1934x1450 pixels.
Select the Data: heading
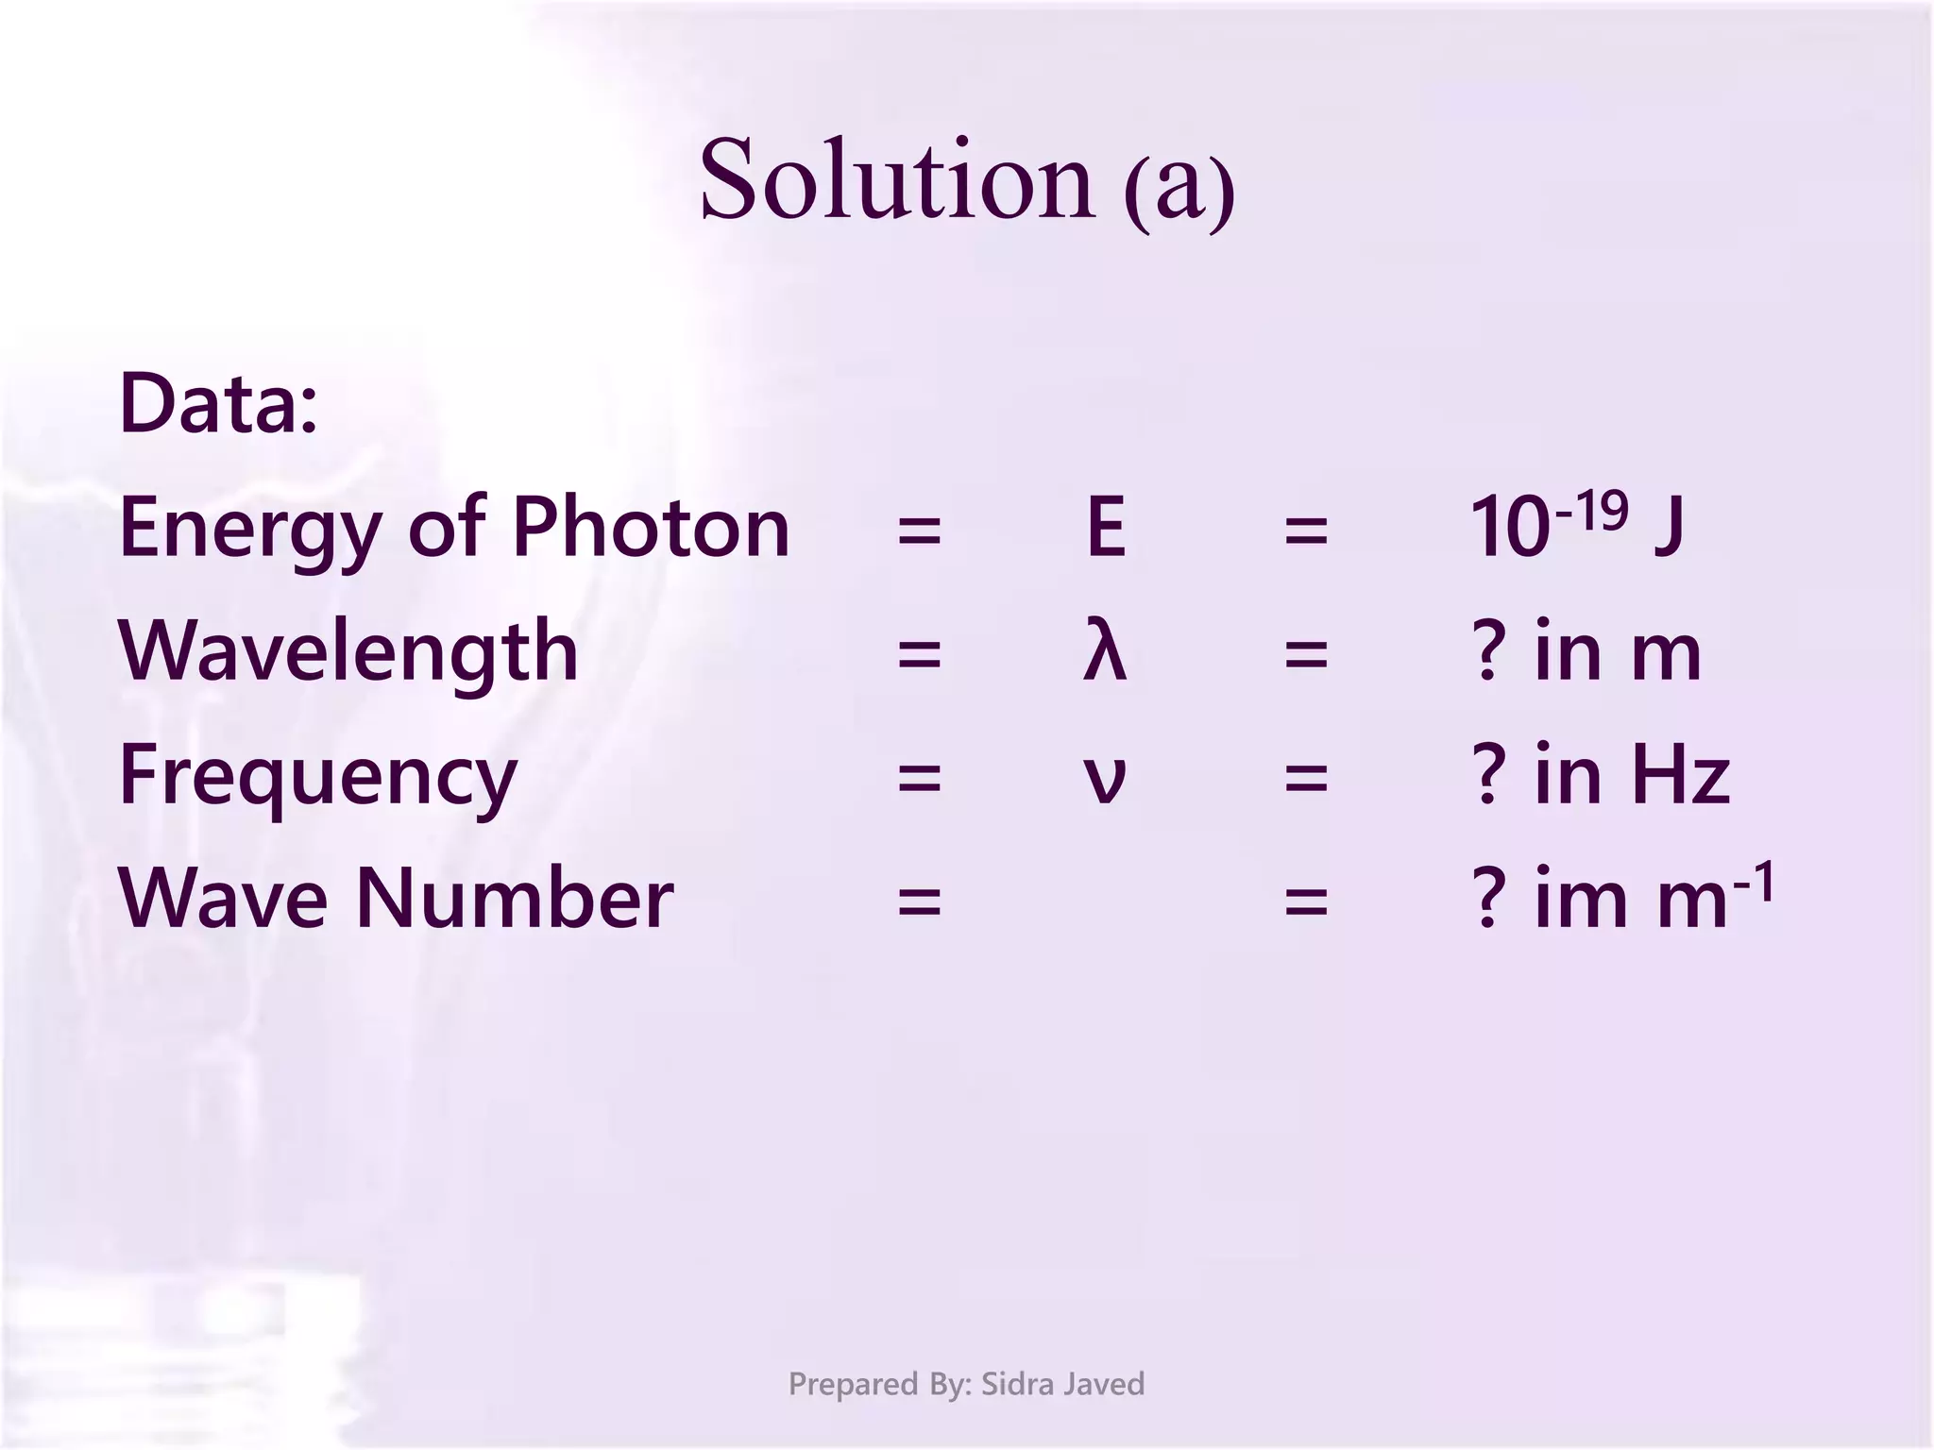pyautogui.click(x=218, y=404)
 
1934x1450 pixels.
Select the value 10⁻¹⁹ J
pyautogui.click(x=1576, y=525)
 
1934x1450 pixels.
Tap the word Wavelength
pyautogui.click(x=348, y=651)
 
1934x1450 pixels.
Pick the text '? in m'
pyautogui.click(x=1586, y=651)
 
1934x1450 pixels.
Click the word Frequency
pyautogui.click(x=318, y=777)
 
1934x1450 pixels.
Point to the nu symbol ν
pyautogui.click(x=1104, y=779)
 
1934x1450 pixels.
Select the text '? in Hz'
pyautogui.click(x=1601, y=775)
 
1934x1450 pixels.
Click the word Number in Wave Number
pyautogui.click(x=515, y=898)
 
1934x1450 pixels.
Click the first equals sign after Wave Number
pyautogui.click(x=919, y=901)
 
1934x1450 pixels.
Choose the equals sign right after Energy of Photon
pyautogui.click(x=919, y=530)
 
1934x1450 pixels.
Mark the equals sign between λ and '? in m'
pyautogui.click(x=1306, y=653)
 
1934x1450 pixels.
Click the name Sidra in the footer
pyautogui.click(x=1017, y=1384)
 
